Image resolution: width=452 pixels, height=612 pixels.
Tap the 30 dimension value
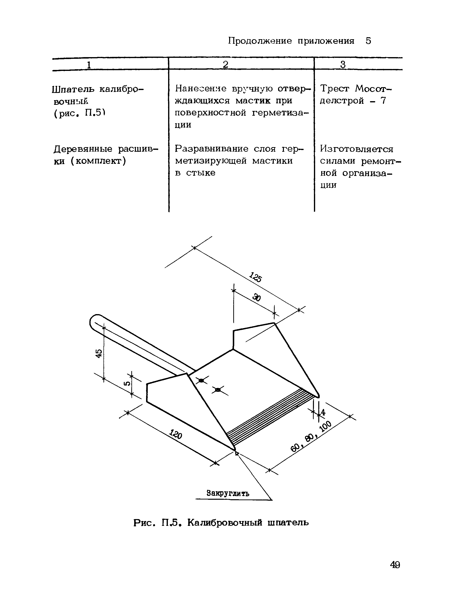click(256, 297)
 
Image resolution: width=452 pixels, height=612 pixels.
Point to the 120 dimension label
click(175, 434)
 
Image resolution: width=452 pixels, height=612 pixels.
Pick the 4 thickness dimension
click(323, 412)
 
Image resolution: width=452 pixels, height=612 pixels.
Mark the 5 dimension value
click(127, 384)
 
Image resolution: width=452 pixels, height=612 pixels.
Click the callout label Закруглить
click(228, 493)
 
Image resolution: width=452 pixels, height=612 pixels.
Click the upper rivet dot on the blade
click(201, 380)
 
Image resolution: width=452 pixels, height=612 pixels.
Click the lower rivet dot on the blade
click(218, 390)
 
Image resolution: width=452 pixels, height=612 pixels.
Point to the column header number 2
click(226, 65)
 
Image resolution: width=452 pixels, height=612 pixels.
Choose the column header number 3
click(343, 65)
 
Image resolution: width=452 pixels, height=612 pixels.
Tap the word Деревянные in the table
click(83, 149)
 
